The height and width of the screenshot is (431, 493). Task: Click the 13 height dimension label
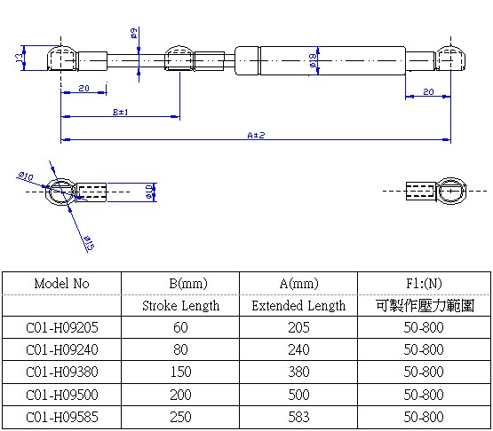click(19, 59)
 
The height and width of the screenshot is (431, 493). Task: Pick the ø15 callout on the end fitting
click(88, 241)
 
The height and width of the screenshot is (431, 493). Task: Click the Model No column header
click(61, 284)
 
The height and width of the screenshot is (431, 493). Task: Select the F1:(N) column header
click(423, 284)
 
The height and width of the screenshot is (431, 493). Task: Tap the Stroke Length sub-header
click(181, 306)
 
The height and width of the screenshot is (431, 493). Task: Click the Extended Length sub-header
click(298, 306)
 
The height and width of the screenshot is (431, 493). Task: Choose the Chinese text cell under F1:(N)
click(423, 306)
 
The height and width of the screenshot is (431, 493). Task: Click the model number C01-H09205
click(62, 328)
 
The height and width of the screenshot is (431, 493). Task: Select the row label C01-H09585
click(62, 417)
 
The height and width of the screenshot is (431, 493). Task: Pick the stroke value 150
click(181, 372)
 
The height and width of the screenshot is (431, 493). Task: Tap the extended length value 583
click(298, 417)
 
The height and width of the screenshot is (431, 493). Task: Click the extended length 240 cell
click(298, 350)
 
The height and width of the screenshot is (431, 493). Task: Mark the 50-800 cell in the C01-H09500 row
click(423, 395)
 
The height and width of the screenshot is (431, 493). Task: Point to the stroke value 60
click(181, 328)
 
